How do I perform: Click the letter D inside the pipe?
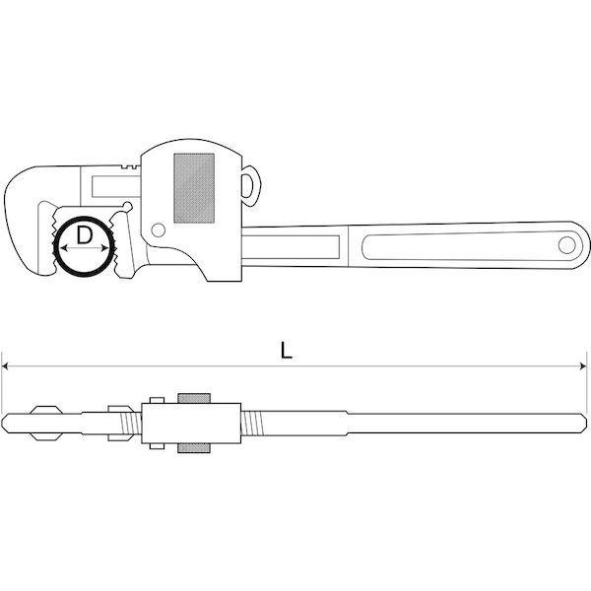pyautogui.click(x=84, y=235)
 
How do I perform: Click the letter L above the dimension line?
pyautogui.click(x=287, y=351)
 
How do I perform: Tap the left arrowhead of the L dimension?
pyautogui.click(x=5, y=365)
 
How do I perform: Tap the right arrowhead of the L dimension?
pyautogui.click(x=583, y=365)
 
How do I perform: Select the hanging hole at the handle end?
pyautogui.click(x=567, y=245)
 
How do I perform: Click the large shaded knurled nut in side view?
pyautogui.click(x=194, y=188)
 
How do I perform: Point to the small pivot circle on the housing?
pyautogui.click(x=158, y=230)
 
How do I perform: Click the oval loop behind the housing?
pyautogui.click(x=249, y=185)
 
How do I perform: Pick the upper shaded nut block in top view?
pyautogui.click(x=194, y=398)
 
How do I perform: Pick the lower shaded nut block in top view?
pyautogui.click(x=194, y=448)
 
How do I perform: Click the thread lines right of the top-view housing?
pyautogui.click(x=250, y=423)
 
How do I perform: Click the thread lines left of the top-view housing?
pyautogui.click(x=131, y=423)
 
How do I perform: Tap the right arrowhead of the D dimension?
pyautogui.click(x=105, y=248)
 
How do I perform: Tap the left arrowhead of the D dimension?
pyautogui.click(x=64, y=248)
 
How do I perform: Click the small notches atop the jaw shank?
pyautogui.click(x=130, y=166)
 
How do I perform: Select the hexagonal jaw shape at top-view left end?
pyautogui.click(x=46, y=423)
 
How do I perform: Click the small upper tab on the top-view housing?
pyautogui.click(x=157, y=400)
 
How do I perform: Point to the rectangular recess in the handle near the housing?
pyautogui.click(x=291, y=247)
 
